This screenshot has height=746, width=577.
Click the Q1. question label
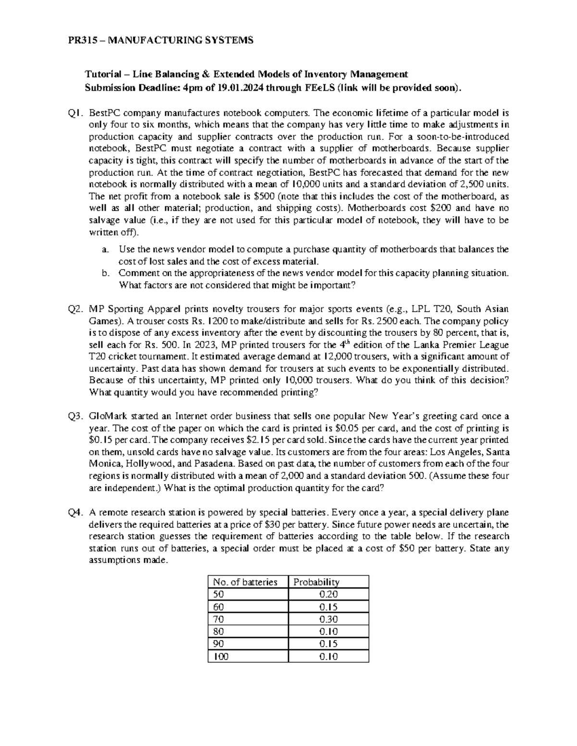point(76,113)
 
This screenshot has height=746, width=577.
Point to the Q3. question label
point(76,416)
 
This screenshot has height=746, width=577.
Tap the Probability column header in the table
point(316,582)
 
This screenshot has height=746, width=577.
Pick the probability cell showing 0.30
point(328,619)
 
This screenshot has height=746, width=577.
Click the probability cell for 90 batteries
point(328,644)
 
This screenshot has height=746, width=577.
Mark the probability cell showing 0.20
point(328,594)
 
